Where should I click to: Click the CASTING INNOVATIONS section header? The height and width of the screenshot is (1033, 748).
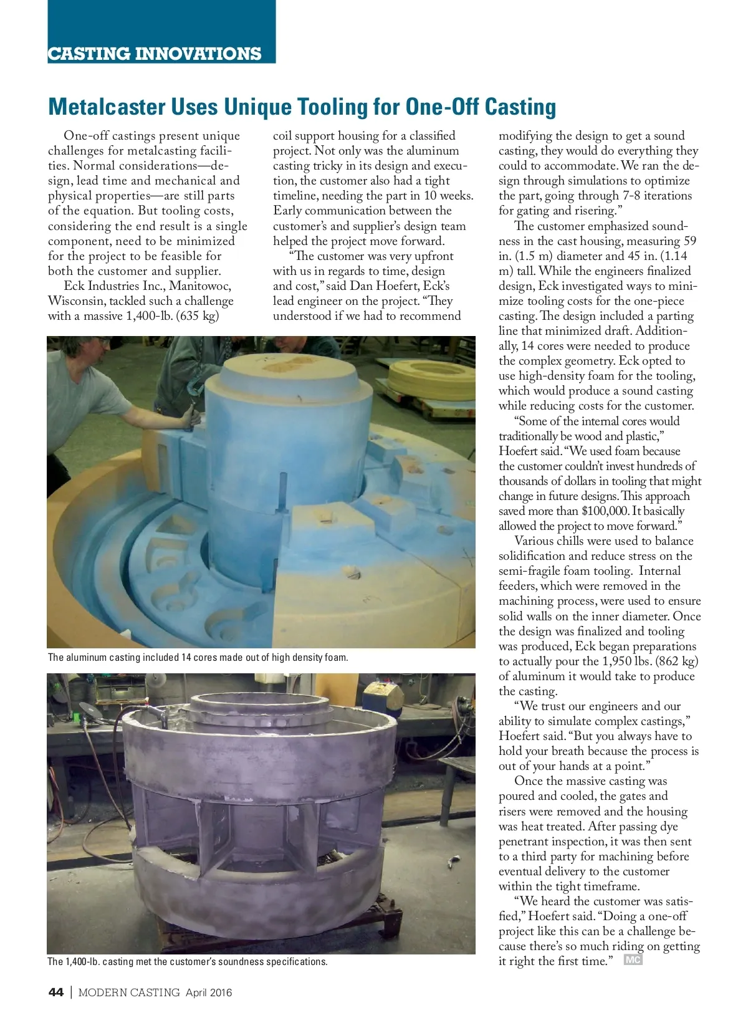pyautogui.click(x=155, y=54)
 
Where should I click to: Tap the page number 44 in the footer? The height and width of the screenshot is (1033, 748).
pyautogui.click(x=55, y=992)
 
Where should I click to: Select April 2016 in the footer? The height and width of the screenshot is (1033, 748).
pyautogui.click(x=209, y=992)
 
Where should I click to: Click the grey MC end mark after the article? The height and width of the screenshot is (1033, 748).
pyautogui.click(x=633, y=960)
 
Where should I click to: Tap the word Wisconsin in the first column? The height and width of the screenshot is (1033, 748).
pyautogui.click(x=75, y=301)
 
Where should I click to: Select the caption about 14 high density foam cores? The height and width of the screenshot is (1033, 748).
pyautogui.click(x=198, y=657)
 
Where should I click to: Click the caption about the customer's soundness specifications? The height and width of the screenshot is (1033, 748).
pyautogui.click(x=187, y=961)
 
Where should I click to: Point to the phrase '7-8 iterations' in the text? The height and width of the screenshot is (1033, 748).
pyautogui.click(x=657, y=196)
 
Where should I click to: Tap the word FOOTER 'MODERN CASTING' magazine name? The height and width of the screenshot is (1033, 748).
pyautogui.click(x=129, y=992)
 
